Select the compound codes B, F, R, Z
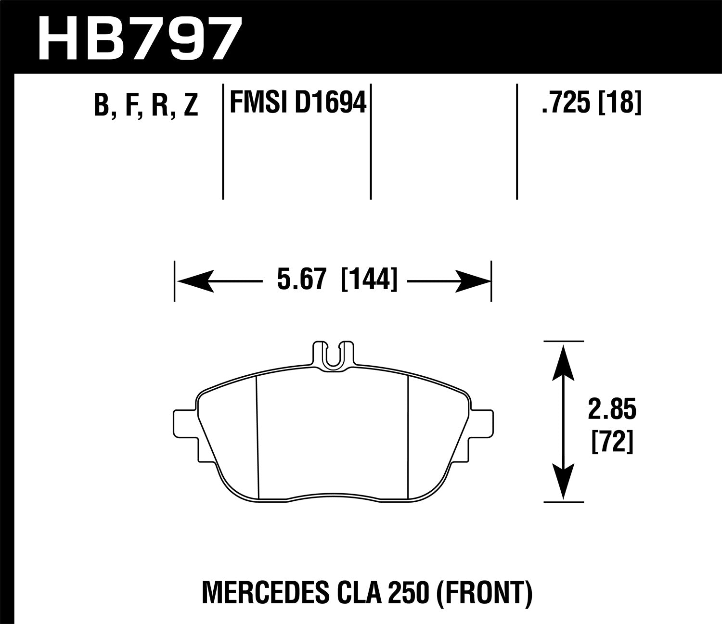[x=146, y=105]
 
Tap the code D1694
[x=330, y=102]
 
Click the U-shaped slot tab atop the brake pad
[x=334, y=356]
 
